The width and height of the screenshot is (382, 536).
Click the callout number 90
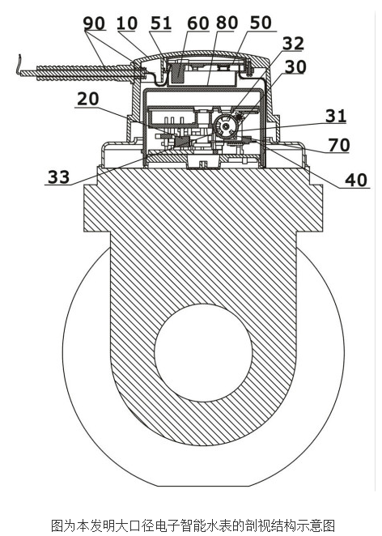pyautogui.click(x=94, y=23)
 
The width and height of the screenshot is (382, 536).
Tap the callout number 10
pyautogui.click(x=127, y=23)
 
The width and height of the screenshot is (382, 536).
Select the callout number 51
pyautogui.click(x=160, y=23)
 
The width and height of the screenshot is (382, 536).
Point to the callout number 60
pyautogui.click(x=197, y=23)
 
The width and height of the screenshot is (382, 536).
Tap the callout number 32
pyautogui.click(x=293, y=44)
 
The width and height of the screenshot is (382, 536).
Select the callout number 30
pyautogui.click(x=295, y=67)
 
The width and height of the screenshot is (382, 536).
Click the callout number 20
pyautogui.click(x=88, y=99)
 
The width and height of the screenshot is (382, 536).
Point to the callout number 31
pyautogui.click(x=336, y=116)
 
